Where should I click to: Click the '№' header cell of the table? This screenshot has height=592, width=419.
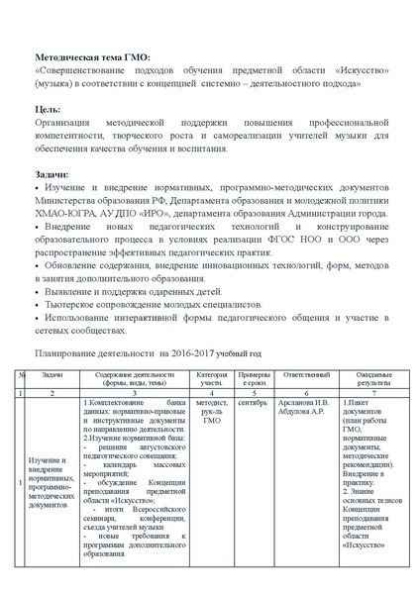point(21,376)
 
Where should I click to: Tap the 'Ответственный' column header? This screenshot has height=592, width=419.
point(305,376)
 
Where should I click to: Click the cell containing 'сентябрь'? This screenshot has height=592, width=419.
point(253,403)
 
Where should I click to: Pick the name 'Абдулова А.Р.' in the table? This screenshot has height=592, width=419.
point(304,412)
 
